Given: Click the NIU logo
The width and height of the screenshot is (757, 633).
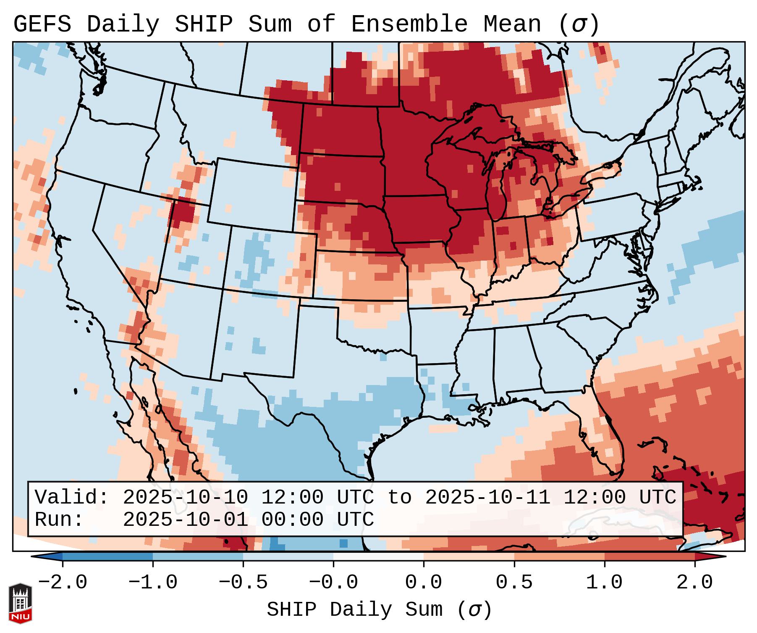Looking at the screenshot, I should pyautogui.click(x=20, y=603).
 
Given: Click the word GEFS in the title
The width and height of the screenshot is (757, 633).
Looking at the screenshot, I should pyautogui.click(x=42, y=24).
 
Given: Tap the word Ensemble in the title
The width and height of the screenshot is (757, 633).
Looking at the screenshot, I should pyautogui.click(x=409, y=24).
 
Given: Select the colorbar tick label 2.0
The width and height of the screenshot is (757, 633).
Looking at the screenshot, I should pyautogui.click(x=694, y=583).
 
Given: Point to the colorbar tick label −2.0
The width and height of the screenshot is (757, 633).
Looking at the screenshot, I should pyautogui.click(x=63, y=583).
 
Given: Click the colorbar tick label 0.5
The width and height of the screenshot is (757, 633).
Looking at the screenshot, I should pyautogui.click(x=514, y=583).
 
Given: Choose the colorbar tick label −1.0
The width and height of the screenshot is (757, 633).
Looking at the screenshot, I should pyautogui.click(x=153, y=583).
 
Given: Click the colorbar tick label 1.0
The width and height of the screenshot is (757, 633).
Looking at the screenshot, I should pyautogui.click(x=604, y=583).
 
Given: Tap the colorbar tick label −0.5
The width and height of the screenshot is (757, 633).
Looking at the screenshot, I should pyautogui.click(x=243, y=583).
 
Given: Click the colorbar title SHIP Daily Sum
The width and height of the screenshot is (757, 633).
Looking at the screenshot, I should pyautogui.click(x=354, y=610).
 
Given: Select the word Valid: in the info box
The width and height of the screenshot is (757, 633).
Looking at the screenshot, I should pyautogui.click(x=72, y=498).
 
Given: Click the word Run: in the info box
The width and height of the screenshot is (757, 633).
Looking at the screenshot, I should pyautogui.click(x=59, y=520).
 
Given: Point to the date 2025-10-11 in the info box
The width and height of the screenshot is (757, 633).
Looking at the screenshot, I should pyautogui.click(x=487, y=498).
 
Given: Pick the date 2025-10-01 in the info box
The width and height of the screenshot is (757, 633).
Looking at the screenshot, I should pyautogui.click(x=185, y=520).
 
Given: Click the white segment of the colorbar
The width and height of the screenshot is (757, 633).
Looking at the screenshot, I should pyautogui.click(x=378, y=557).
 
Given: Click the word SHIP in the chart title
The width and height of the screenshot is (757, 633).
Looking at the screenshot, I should pyautogui.click(x=203, y=24).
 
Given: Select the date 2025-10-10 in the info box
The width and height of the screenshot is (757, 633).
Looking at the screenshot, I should pyautogui.click(x=185, y=498).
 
